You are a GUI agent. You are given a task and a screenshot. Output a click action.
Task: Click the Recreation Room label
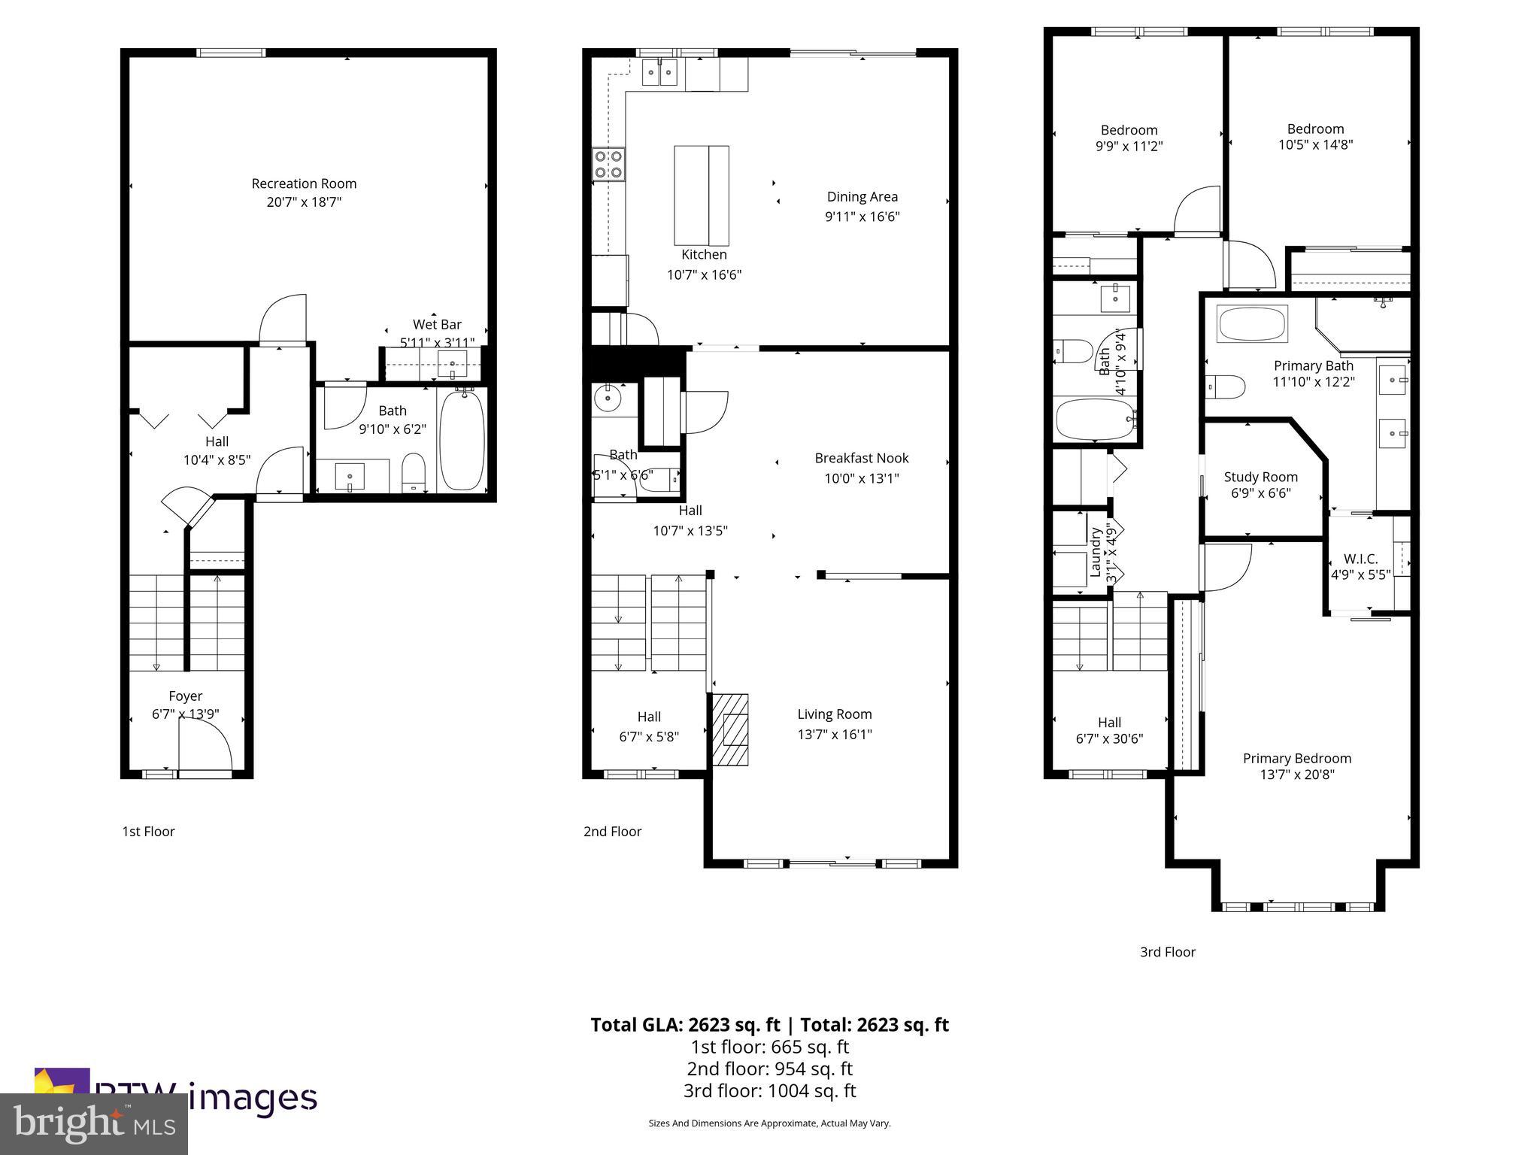coord(304,183)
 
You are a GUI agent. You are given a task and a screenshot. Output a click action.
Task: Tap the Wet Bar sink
coord(453,363)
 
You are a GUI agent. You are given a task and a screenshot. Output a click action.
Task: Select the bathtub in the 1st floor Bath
coord(462,440)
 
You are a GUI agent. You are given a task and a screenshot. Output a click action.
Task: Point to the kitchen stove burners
coord(608,164)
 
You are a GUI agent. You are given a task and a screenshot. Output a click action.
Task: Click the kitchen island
coord(701,196)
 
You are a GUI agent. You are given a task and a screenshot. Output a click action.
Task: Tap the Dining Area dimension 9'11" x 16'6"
coord(862,217)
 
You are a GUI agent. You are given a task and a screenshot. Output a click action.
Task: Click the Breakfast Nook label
coord(862,458)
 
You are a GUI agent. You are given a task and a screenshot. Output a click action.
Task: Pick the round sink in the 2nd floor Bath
coord(606,399)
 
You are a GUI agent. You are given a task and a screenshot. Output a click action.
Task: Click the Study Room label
coord(1260,477)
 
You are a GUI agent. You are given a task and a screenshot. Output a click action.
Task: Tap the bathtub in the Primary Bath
coord(1252,324)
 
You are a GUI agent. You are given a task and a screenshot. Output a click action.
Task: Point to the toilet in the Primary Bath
coord(1224,387)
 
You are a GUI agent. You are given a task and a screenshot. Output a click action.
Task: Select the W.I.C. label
coord(1360,559)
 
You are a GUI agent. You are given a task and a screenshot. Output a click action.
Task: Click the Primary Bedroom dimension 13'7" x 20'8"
coord(1296,775)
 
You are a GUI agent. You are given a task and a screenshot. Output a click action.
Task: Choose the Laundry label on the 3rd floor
coord(1096,553)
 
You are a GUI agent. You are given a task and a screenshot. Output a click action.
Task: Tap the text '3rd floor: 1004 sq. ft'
coord(769,1090)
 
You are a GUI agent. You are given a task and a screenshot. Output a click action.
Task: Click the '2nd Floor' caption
coord(612,831)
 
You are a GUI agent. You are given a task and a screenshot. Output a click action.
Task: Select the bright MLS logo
coord(94,1123)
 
